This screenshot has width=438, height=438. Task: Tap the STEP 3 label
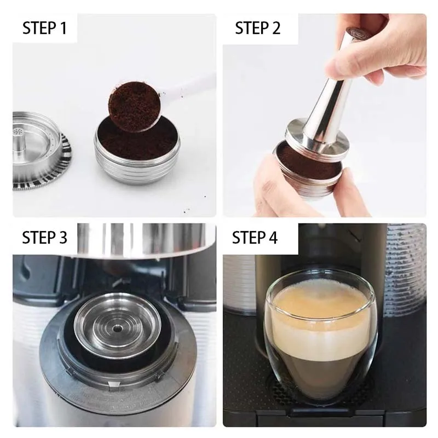pyautogui.click(x=44, y=237)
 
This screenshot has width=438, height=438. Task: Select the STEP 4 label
pyautogui.click(x=255, y=237)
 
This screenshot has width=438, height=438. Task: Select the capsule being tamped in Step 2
pyautogui.click(x=312, y=175)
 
